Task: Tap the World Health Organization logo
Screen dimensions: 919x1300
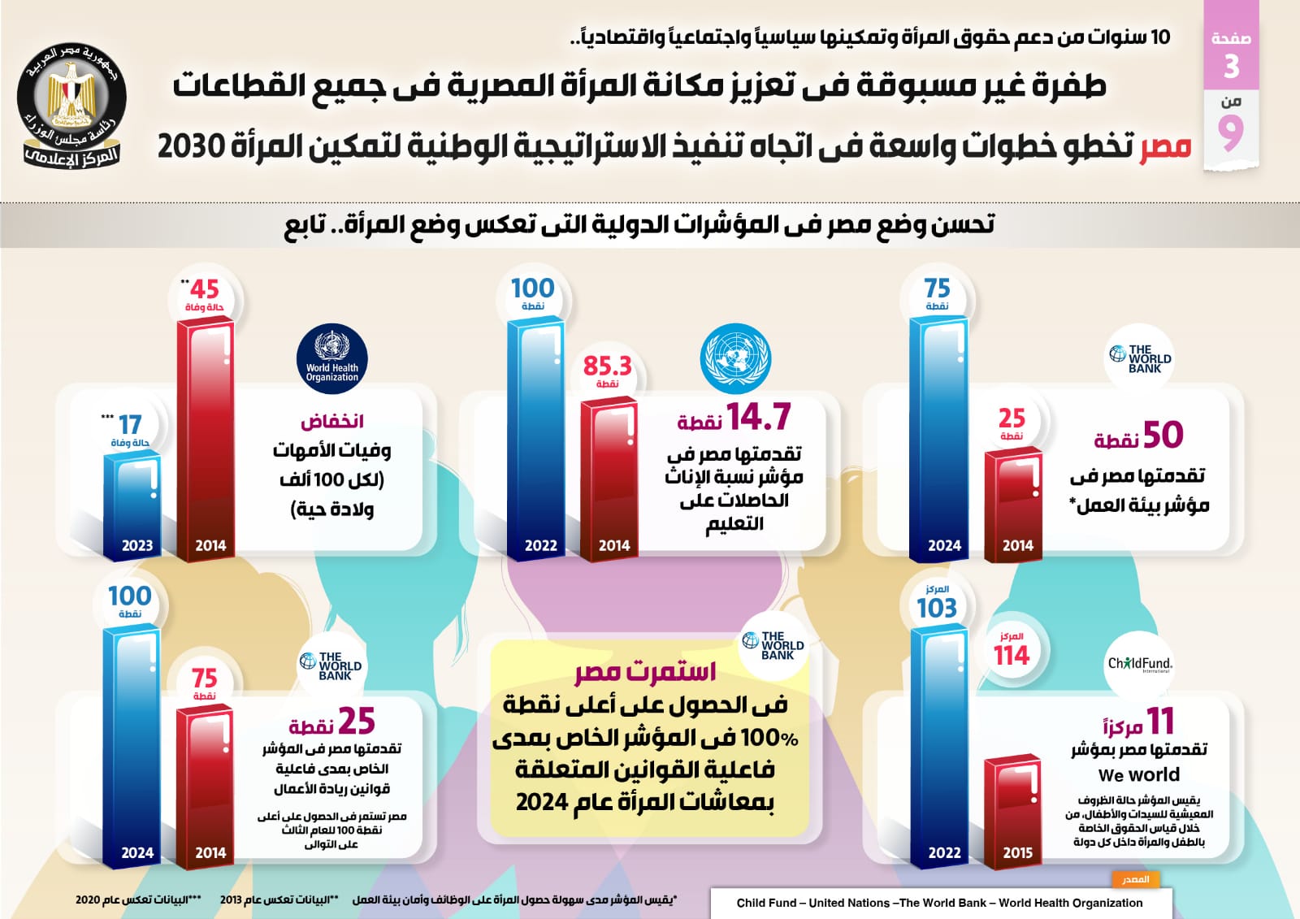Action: (331, 361)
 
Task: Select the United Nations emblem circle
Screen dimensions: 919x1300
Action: (735, 358)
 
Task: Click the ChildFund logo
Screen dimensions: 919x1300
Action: (1139, 664)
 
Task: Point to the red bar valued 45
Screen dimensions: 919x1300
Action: (206, 435)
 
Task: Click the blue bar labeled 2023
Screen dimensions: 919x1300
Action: (132, 504)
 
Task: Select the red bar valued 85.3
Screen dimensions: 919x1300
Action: (609, 475)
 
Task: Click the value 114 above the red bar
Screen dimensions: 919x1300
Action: (1012, 655)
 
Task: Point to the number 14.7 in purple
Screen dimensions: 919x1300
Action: (758, 417)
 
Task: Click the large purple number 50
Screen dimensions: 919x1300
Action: (1163, 435)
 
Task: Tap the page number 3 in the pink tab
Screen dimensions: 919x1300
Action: (1231, 67)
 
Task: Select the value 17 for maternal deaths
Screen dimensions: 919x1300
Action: (130, 425)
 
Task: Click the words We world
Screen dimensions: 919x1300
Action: (1138, 774)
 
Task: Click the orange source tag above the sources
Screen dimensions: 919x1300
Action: (1135, 879)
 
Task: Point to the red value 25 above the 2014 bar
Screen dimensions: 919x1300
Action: (1012, 418)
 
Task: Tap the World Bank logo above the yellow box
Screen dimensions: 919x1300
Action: (775, 646)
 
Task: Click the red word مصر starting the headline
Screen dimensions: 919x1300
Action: (1164, 146)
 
